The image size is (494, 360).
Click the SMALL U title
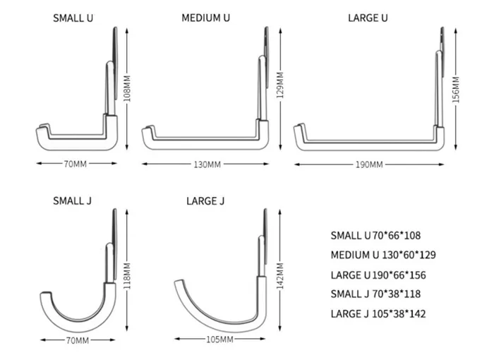73,18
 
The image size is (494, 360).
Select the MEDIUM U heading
206,18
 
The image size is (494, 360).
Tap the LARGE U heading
368,18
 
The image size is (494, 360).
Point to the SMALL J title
72,200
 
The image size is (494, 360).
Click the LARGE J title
205,201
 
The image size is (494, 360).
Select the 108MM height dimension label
127,88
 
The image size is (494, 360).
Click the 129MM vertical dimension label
280,85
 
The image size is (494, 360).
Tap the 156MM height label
456,90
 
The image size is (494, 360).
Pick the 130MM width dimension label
207,164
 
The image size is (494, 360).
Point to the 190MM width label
369,164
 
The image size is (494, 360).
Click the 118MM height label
127,276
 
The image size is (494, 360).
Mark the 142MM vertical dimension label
280,275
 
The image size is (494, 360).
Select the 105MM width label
220,340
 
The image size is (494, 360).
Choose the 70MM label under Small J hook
78,340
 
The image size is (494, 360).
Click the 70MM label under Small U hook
75,164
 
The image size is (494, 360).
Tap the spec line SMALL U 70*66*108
375,236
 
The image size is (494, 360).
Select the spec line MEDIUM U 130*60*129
383,255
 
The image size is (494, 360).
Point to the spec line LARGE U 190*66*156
378,275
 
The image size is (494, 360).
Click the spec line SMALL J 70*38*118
375,294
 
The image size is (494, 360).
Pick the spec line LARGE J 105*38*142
378,313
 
